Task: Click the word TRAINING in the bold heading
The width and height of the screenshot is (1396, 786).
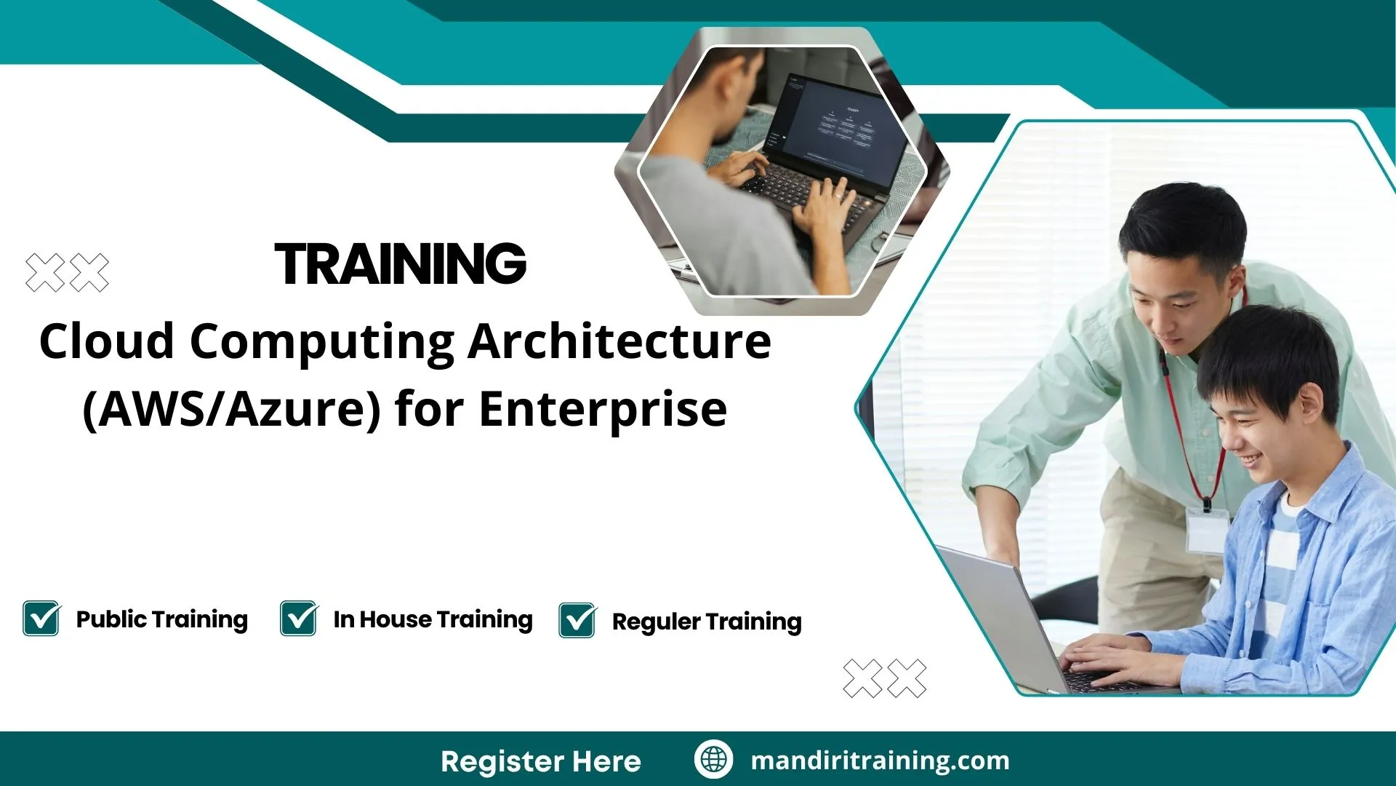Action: pos(400,263)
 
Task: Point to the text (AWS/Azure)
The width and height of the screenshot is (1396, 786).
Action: pos(231,409)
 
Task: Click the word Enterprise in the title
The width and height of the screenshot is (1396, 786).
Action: pos(603,409)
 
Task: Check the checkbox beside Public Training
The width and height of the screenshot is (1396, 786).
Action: pos(41,619)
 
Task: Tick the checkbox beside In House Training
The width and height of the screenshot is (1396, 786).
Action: pos(298,619)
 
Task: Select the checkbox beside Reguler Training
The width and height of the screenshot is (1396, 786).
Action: pos(577,621)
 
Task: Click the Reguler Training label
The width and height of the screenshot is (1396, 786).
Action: pos(706,622)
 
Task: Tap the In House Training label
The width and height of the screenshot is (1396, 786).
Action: pos(433,619)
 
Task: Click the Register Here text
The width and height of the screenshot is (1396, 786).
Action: pos(540,761)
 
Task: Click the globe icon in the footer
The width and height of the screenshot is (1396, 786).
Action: pos(713,760)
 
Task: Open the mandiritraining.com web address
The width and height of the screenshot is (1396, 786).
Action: pos(880,761)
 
